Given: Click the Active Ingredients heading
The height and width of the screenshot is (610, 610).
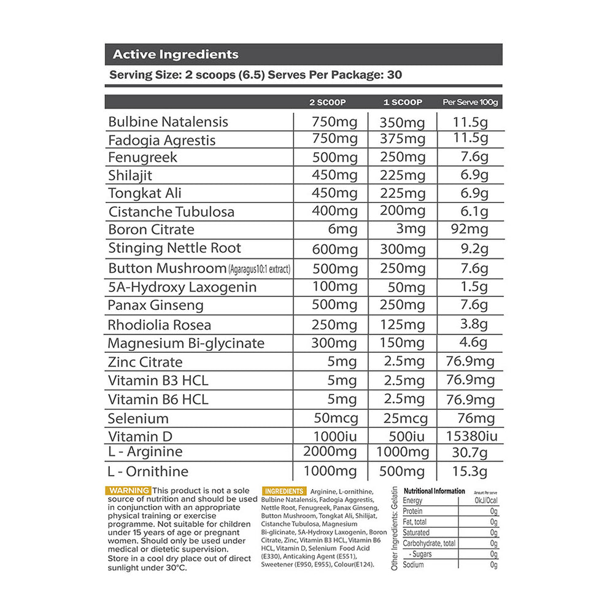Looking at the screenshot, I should pyautogui.click(x=176, y=55).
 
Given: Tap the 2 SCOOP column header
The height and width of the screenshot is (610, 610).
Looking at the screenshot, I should pyautogui.click(x=328, y=102).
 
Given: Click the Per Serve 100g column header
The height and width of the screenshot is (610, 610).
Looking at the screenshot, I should pyautogui.click(x=470, y=102).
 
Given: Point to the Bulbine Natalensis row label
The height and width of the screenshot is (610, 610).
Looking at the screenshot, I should pyautogui.click(x=168, y=122).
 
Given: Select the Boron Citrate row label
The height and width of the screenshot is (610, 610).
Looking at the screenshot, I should pyautogui.click(x=151, y=230).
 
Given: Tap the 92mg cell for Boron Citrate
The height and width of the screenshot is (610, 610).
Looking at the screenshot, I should pyautogui.click(x=469, y=230).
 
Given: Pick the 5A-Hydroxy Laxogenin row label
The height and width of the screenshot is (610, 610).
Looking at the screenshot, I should pyautogui.click(x=182, y=287).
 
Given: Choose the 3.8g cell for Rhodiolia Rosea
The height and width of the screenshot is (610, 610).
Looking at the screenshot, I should pyautogui.click(x=474, y=325).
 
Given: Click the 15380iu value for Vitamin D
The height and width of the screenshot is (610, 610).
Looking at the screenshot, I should pyautogui.click(x=469, y=437).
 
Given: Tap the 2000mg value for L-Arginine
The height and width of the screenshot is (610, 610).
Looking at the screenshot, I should pyautogui.click(x=331, y=452).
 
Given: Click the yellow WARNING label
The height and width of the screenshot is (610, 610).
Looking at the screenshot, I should pyautogui.click(x=128, y=491).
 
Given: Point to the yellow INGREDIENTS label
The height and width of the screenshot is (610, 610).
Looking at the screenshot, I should pyautogui.click(x=284, y=491).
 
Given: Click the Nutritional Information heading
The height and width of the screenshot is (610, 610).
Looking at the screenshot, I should pyautogui.click(x=434, y=491).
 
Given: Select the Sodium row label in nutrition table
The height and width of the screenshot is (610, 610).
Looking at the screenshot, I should pyautogui.click(x=414, y=565).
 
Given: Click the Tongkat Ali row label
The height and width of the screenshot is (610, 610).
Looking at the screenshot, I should pyautogui.click(x=145, y=193).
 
